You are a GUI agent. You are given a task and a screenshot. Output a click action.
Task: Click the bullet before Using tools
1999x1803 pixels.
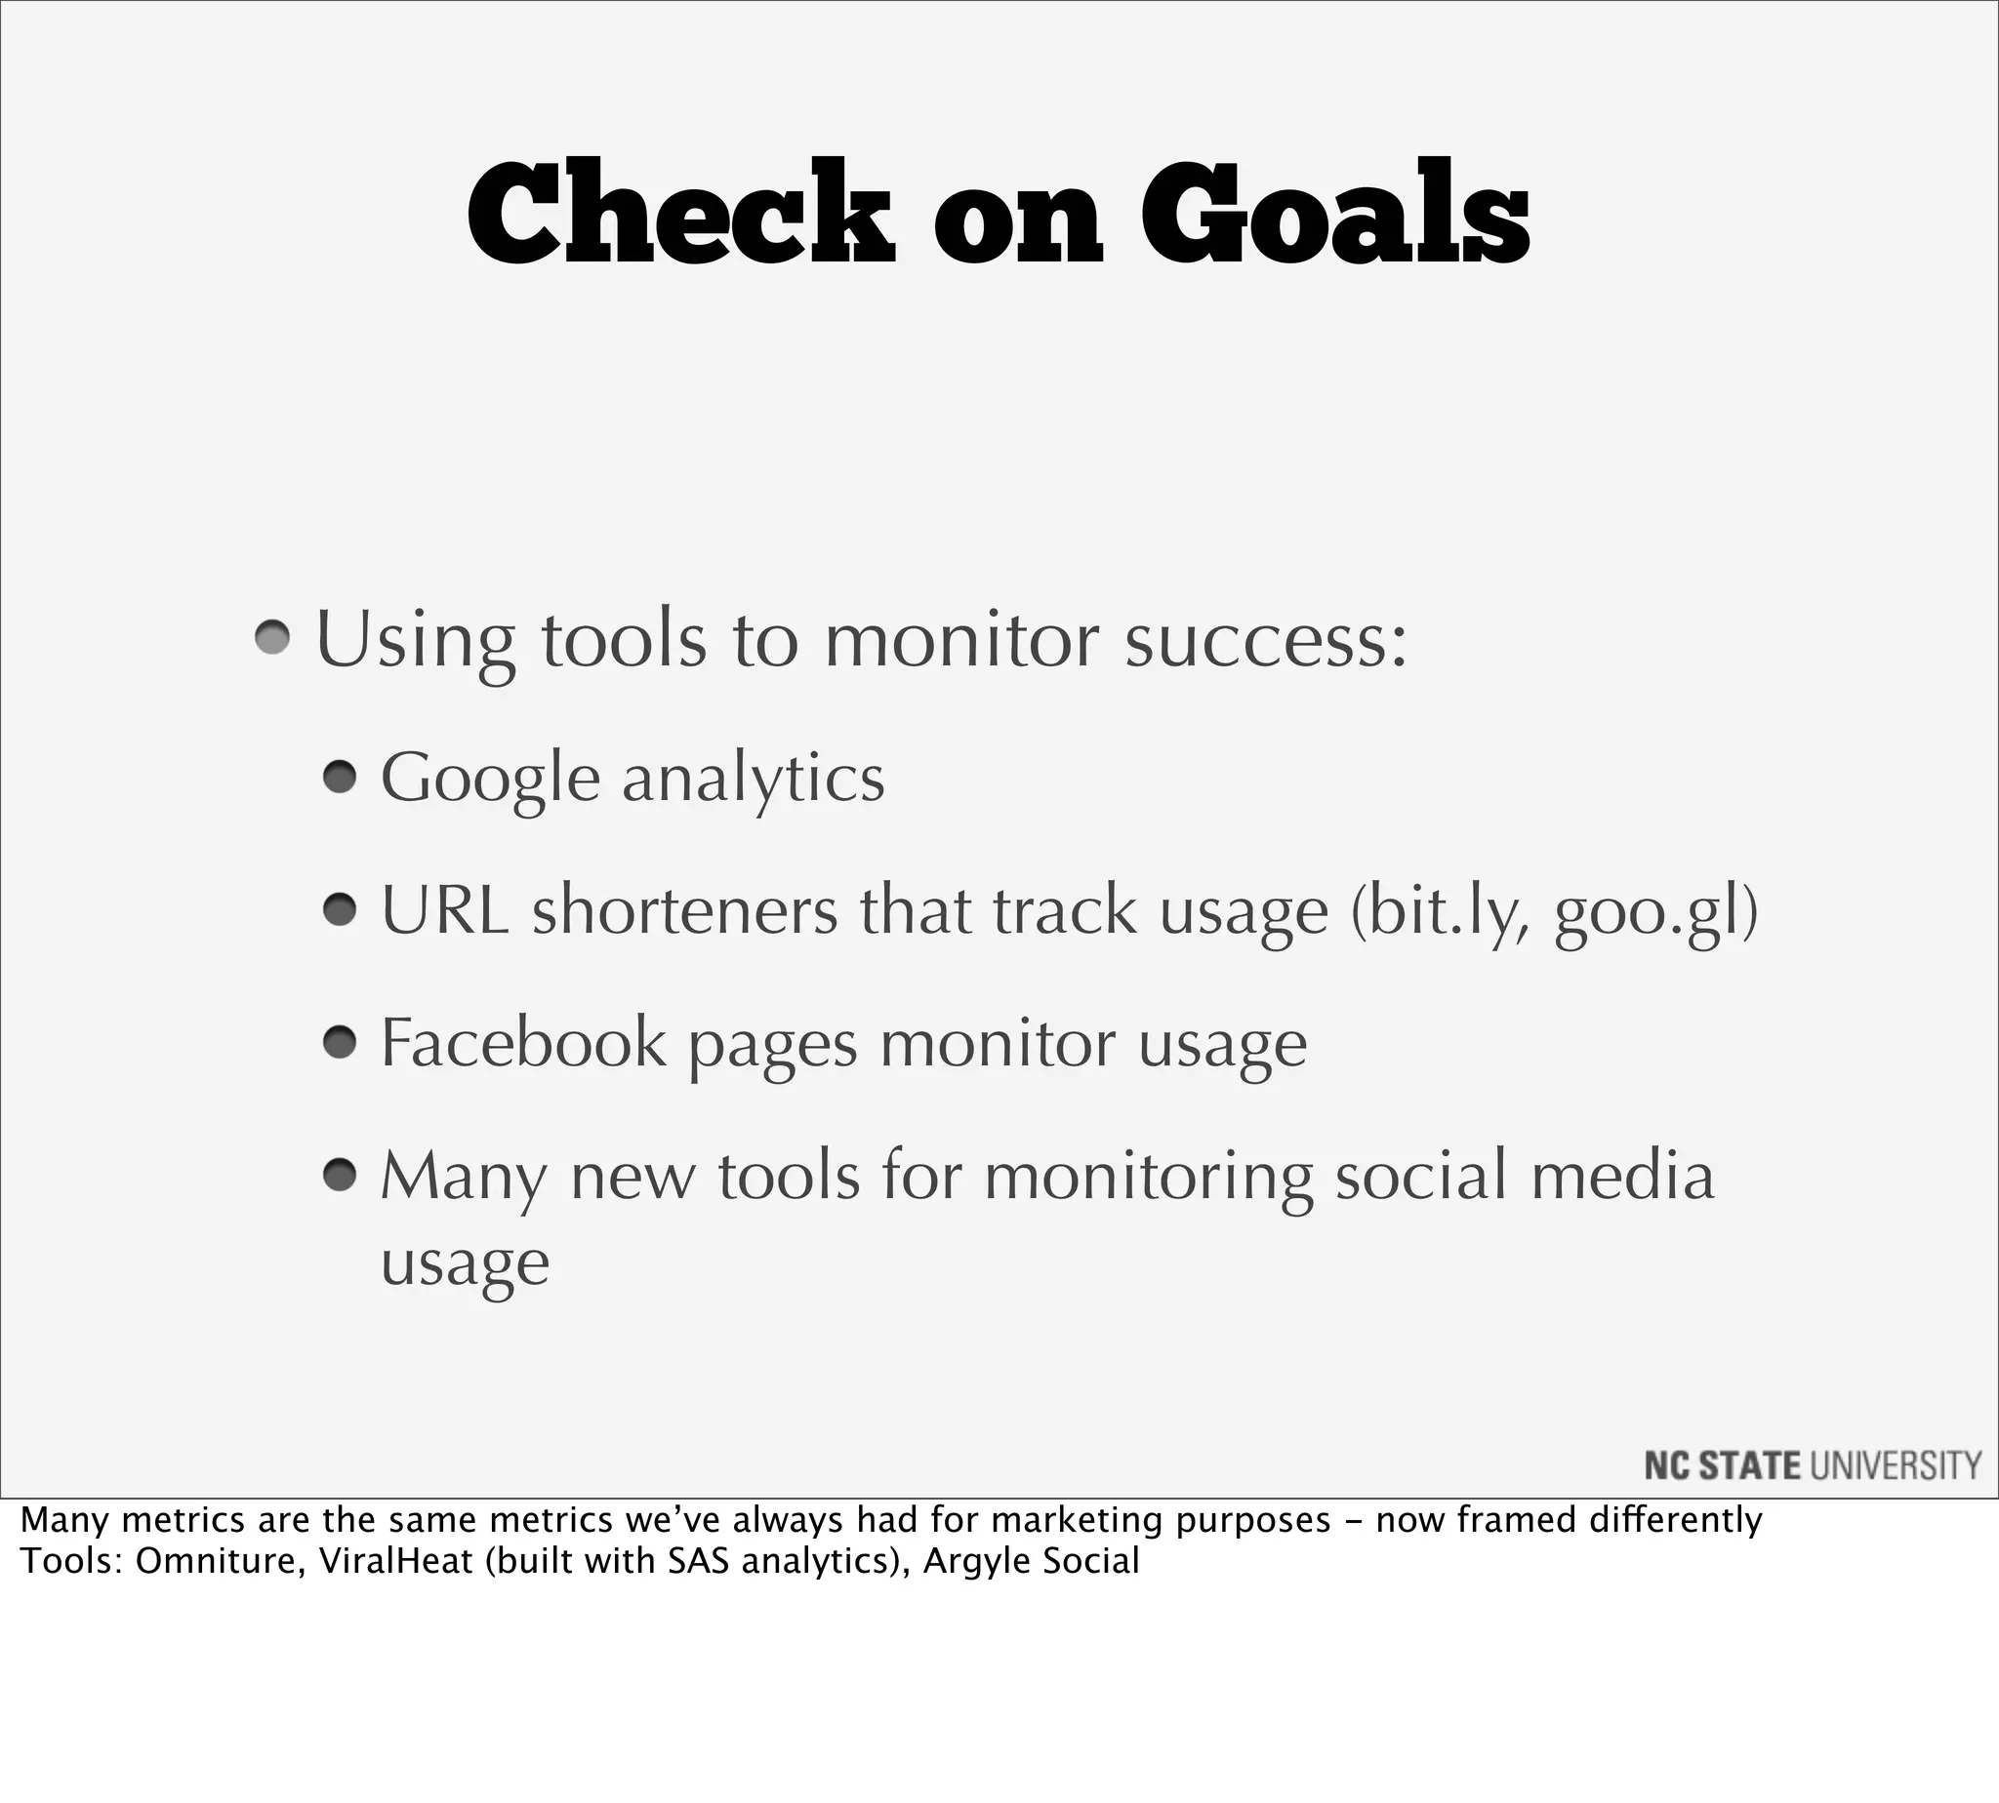[x=271, y=638]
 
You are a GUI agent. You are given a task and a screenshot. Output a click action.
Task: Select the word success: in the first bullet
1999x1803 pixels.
[x=1266, y=642]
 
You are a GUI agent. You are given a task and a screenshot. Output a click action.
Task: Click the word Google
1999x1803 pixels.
[x=490, y=780]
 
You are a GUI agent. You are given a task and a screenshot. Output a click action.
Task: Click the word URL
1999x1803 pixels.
[x=445, y=910]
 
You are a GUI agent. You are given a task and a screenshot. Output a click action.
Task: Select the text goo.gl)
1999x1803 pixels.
[x=1655, y=912]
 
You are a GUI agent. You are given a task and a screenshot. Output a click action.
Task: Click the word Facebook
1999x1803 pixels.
[x=523, y=1042]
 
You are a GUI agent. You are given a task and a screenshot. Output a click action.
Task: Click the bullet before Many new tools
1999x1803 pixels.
[x=339, y=1175]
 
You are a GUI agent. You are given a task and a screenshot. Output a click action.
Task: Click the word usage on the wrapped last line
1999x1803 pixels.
[x=465, y=1264]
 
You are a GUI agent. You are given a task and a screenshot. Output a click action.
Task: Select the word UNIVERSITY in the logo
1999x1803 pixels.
[x=1895, y=1465]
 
